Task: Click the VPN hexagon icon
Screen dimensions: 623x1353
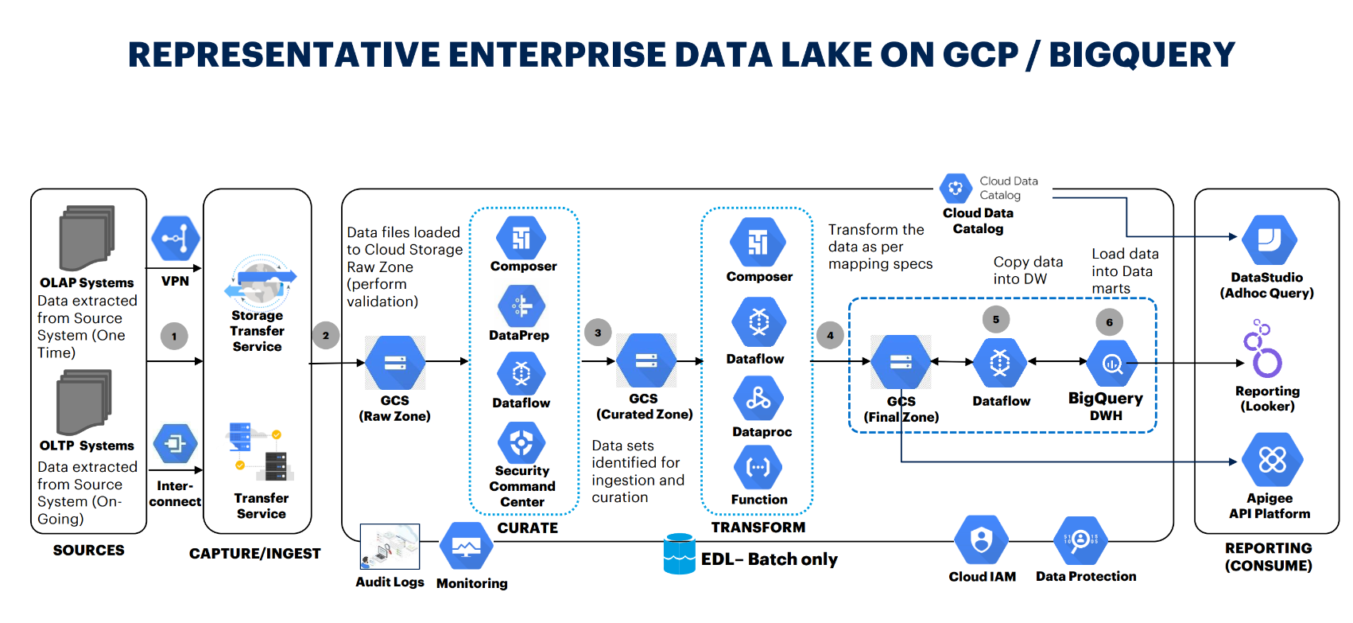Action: click(176, 238)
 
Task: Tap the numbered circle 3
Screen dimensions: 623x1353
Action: click(598, 333)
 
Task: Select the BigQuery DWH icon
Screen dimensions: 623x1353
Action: click(1111, 364)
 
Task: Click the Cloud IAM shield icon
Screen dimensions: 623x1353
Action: click(982, 541)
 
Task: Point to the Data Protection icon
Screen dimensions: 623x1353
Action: click(1080, 541)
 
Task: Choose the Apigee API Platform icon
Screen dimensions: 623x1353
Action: click(1272, 459)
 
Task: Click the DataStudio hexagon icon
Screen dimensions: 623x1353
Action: click(1269, 239)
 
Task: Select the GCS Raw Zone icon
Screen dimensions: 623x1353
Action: click(395, 363)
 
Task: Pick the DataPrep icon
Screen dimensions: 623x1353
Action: click(521, 306)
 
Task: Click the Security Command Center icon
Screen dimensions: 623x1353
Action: click(521, 442)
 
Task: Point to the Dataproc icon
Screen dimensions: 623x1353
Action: click(758, 398)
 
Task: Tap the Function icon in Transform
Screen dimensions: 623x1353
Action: click(758, 467)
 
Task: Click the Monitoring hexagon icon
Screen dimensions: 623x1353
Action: click(466, 546)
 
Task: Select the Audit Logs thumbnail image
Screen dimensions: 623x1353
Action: click(390, 547)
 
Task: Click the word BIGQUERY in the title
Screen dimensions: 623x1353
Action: click(1142, 55)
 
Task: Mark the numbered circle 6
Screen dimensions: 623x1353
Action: click(1109, 322)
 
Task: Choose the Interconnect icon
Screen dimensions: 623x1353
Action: click(175, 443)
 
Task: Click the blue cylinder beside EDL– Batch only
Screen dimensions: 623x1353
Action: click(679, 554)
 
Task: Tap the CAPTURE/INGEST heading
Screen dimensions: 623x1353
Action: click(254, 554)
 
